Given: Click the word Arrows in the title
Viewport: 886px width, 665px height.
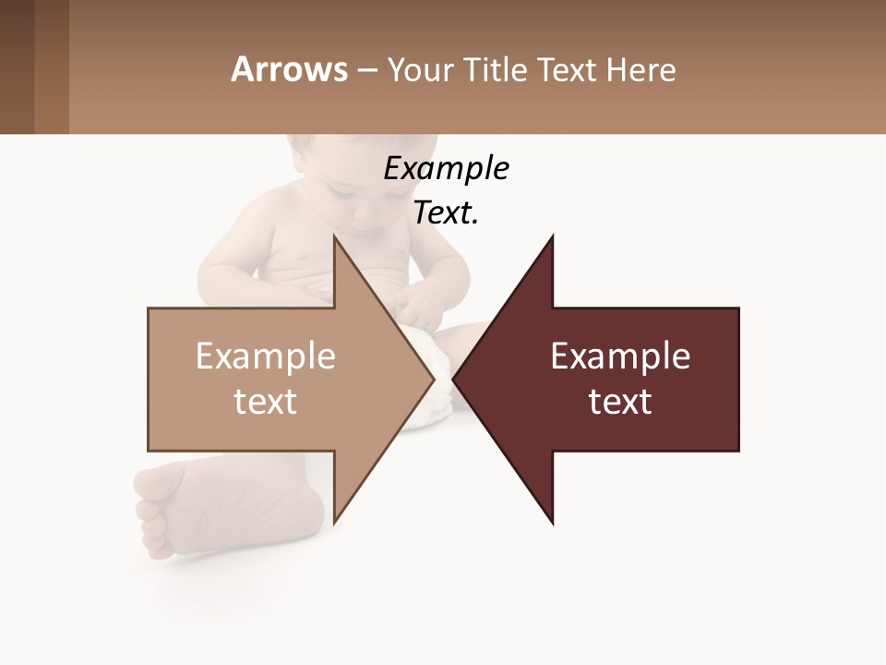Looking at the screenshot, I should [289, 69].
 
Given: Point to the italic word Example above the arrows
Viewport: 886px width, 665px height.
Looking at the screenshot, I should [446, 169].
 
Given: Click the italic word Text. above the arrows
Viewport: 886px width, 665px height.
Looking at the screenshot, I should [446, 213].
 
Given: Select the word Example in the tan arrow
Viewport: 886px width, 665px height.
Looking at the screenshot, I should [266, 357].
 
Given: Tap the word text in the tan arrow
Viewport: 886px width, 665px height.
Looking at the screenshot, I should [266, 402].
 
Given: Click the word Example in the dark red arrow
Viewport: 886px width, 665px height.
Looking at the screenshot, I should [620, 357].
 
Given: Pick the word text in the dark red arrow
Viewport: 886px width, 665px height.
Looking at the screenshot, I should [620, 402].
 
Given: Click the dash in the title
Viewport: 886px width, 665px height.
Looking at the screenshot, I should [366, 70].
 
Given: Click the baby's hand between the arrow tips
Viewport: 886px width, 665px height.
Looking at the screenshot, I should [420, 309].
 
